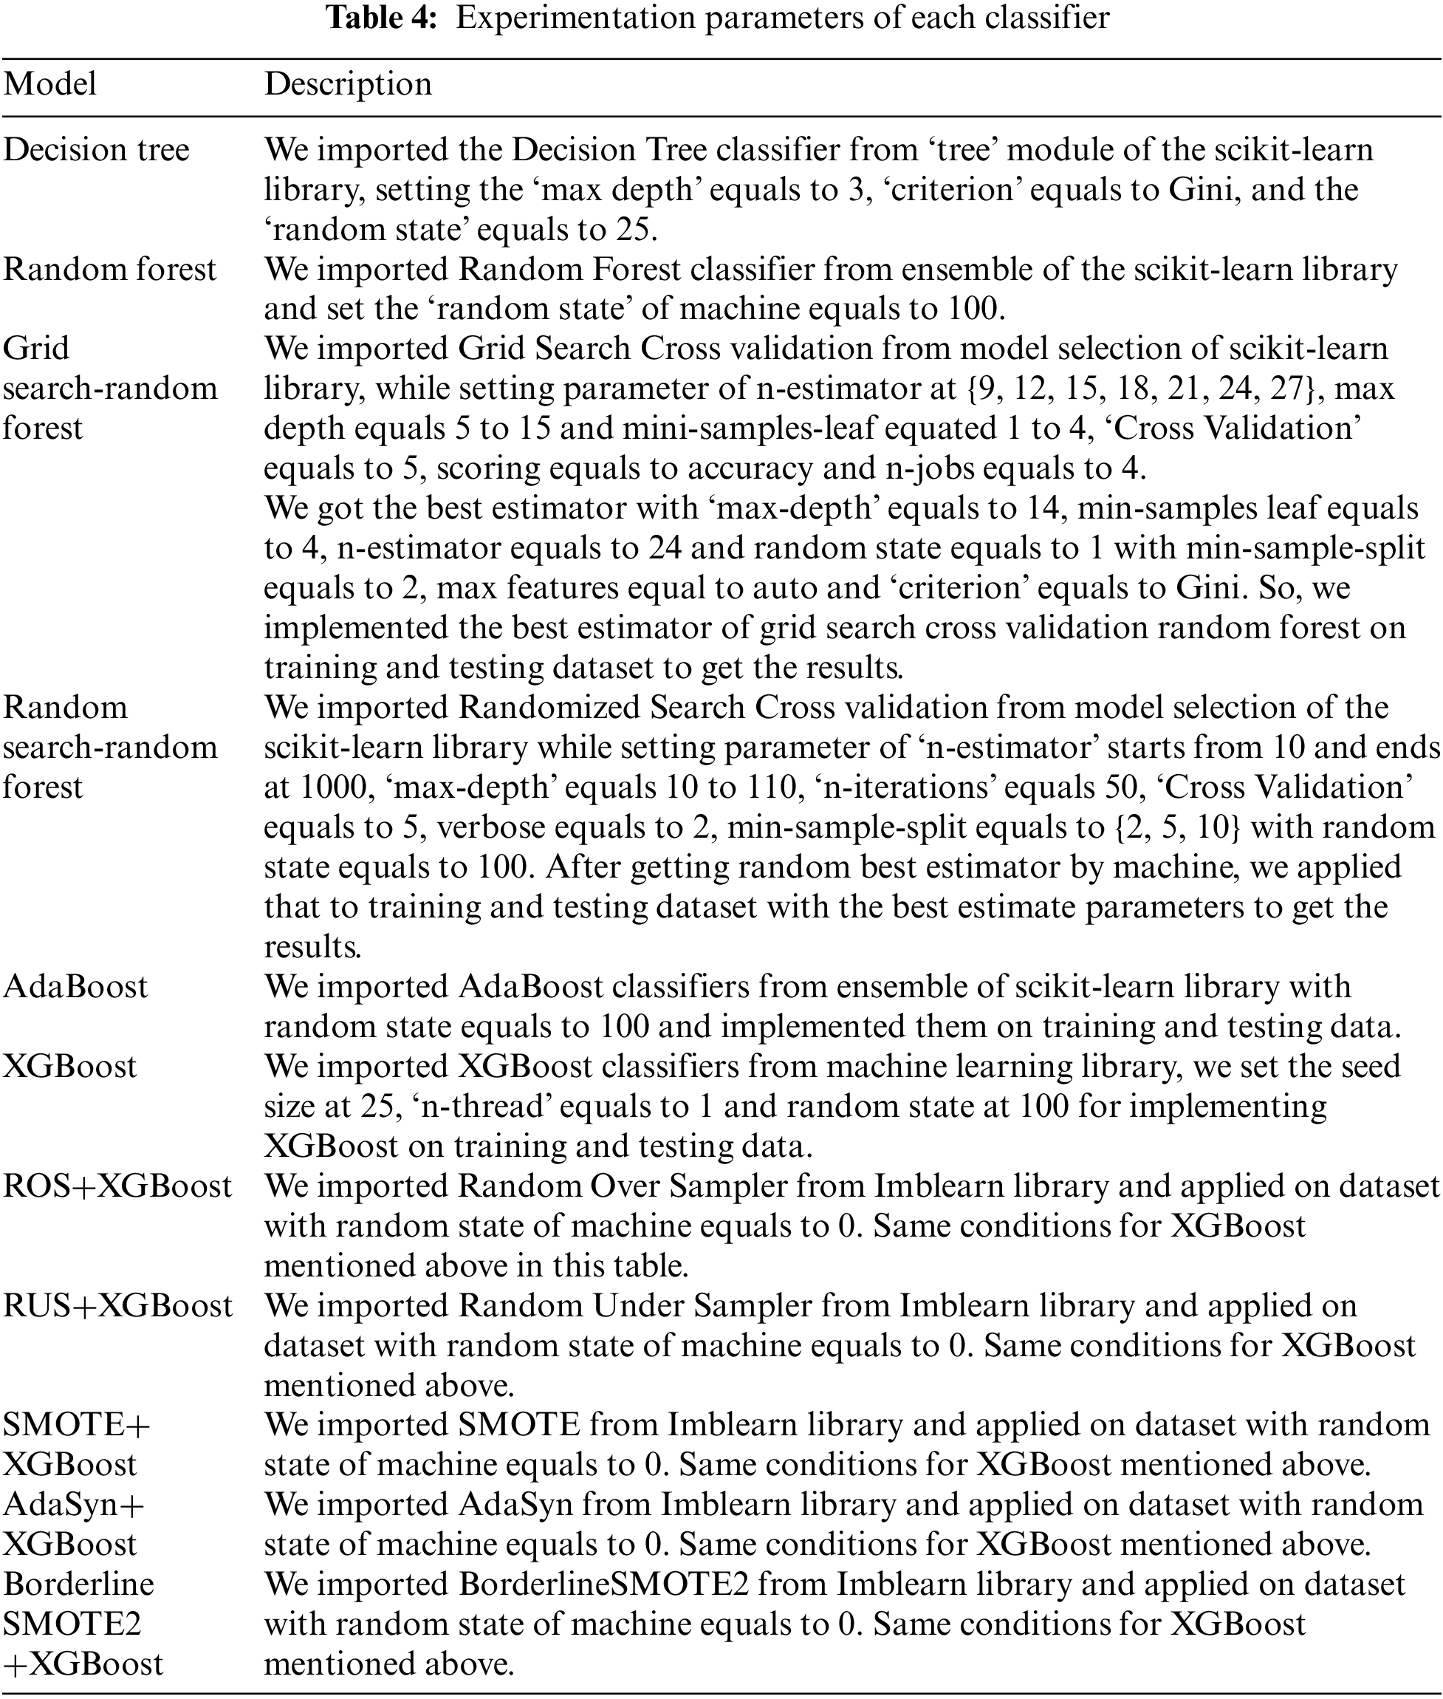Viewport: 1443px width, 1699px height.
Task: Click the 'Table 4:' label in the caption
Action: pyautogui.click(x=383, y=18)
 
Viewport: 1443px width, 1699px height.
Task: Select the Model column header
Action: pyautogui.click(x=50, y=84)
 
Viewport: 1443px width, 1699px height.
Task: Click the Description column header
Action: pyautogui.click(x=348, y=84)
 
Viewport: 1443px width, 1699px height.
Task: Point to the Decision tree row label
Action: pyautogui.click(x=96, y=150)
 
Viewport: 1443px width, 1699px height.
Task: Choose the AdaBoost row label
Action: pyautogui.click(x=75, y=986)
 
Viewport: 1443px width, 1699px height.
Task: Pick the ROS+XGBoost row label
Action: pyautogui.click(x=117, y=1186)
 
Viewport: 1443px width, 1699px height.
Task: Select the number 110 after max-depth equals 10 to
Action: pyautogui.click(x=773, y=787)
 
